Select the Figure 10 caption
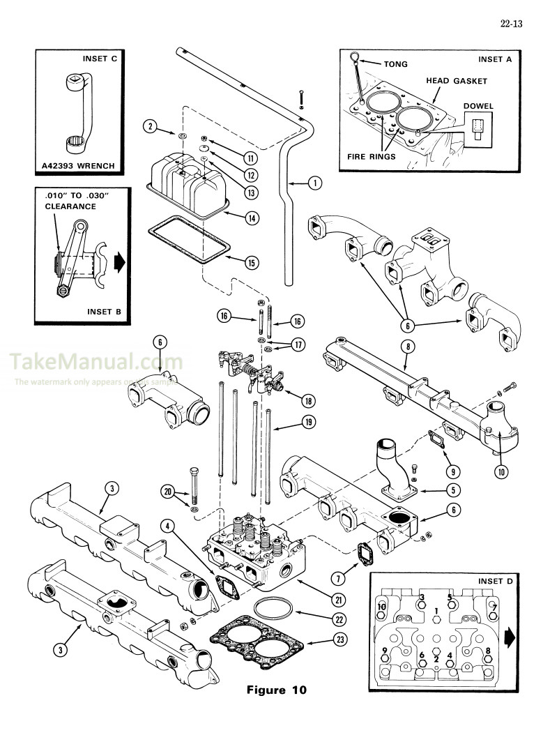click(277, 690)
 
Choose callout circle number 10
click(500, 471)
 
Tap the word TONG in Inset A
click(395, 64)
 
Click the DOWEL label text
click(478, 106)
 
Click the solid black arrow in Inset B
click(119, 262)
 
